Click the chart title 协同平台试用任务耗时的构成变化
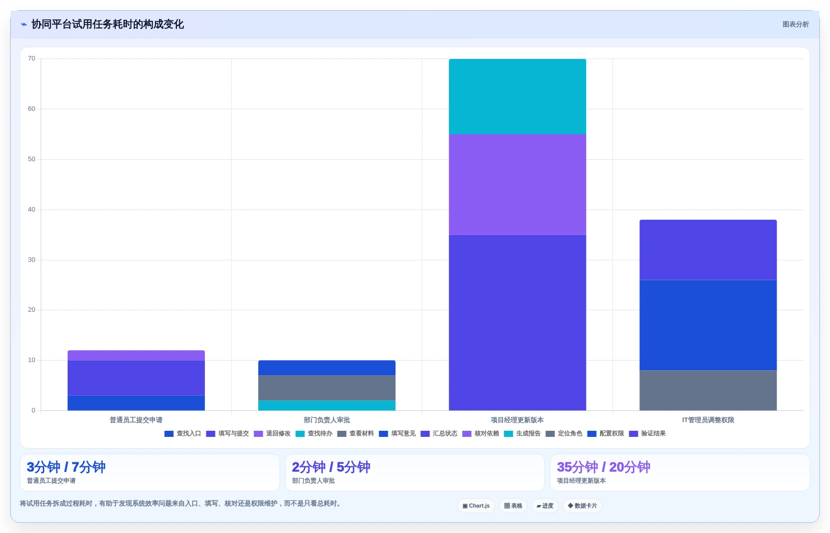pyautogui.click(x=107, y=24)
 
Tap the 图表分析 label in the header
pyautogui.click(x=795, y=24)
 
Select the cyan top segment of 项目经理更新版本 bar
pyautogui.click(x=517, y=96)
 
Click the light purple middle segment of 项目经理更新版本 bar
pyautogui.click(x=517, y=184)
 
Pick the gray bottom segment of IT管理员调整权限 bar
pyautogui.click(x=708, y=390)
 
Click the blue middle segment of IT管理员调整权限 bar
pyautogui.click(x=708, y=325)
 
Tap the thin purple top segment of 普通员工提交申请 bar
pyautogui.click(x=136, y=355)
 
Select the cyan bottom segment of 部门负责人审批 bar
pyautogui.click(x=326, y=405)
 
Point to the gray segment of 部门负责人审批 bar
pyautogui.click(x=326, y=388)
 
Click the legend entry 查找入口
pyautogui.click(x=182, y=434)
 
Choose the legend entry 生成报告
pyautogui.click(x=522, y=434)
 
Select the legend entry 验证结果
pyautogui.click(x=648, y=434)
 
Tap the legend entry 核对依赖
pyautogui.click(x=481, y=434)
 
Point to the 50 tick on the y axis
pyautogui.click(x=32, y=159)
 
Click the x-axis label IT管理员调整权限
pyautogui.click(x=708, y=420)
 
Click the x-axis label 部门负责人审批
pyautogui.click(x=326, y=420)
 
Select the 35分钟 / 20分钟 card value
pyautogui.click(x=603, y=467)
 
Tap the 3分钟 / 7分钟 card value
pyautogui.click(x=66, y=467)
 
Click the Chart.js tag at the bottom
pyautogui.click(x=476, y=506)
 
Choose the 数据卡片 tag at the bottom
pyautogui.click(x=582, y=506)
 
